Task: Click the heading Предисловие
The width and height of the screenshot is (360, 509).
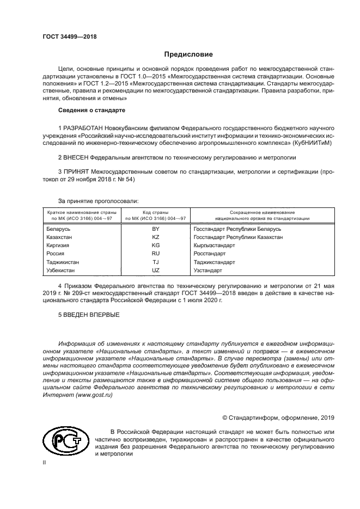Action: [188, 54]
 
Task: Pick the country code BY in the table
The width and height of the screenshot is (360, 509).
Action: [155, 229]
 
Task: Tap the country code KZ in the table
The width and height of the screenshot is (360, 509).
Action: [155, 237]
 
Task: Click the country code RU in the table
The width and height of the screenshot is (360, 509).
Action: [155, 254]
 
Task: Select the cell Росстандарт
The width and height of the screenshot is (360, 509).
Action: [209, 254]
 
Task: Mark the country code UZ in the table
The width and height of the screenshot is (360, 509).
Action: [155, 270]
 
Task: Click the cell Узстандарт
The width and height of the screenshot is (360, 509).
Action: [208, 270]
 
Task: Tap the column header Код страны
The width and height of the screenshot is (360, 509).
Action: [155, 212]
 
